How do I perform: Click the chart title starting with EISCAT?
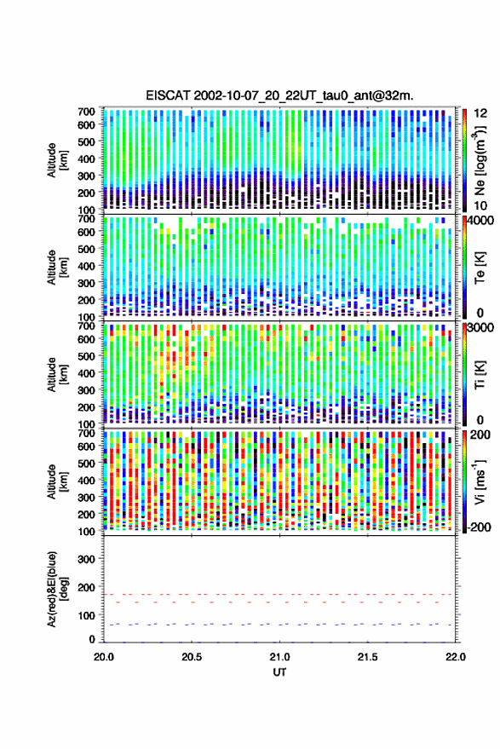tap(280, 95)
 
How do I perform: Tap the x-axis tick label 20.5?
tap(192, 657)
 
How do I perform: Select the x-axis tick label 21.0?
tap(279, 657)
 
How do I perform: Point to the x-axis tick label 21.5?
tap(367, 657)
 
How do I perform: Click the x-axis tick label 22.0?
tap(455, 657)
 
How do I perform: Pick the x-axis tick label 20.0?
tap(104, 657)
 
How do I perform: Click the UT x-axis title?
tap(280, 672)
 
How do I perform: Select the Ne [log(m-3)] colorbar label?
tap(480, 160)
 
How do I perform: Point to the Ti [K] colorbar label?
tap(480, 375)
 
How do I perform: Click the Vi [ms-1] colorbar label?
tap(480, 481)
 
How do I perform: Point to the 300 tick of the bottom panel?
tap(86, 559)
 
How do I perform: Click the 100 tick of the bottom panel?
tap(86, 616)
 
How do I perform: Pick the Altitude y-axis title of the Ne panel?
tap(57, 160)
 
